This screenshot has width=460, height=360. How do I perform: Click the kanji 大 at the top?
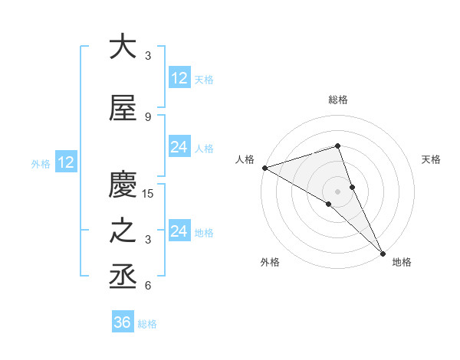[123, 47]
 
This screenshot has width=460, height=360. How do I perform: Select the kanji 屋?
[123, 108]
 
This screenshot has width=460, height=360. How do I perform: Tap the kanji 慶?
[123, 185]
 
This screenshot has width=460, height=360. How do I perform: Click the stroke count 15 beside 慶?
[148, 194]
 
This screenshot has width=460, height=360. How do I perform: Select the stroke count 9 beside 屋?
[148, 116]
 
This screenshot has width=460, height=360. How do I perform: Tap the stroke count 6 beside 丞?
[148, 286]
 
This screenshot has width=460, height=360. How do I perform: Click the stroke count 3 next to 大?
[148, 55]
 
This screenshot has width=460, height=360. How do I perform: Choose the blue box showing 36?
[123, 322]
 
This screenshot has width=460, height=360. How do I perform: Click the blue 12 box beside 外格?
[66, 162]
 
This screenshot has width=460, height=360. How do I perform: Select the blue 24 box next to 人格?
[179, 147]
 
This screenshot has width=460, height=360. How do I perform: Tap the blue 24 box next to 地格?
[179, 231]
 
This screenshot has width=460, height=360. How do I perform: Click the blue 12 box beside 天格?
[179, 78]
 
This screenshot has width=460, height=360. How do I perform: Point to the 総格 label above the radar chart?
[337, 100]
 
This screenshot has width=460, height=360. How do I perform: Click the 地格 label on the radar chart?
[402, 263]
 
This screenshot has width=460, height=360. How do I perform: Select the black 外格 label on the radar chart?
[270, 263]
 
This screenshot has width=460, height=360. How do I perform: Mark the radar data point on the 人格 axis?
[264, 168]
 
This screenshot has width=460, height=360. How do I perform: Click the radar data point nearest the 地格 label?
[382, 252]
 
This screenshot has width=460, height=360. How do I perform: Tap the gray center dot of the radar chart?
[337, 191]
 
